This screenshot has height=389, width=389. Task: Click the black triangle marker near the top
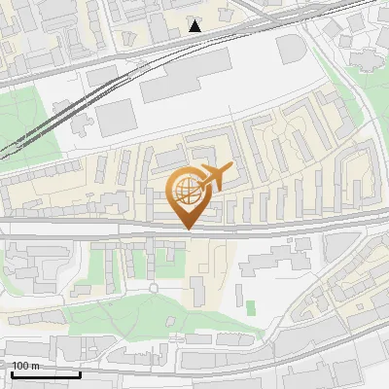(195, 25)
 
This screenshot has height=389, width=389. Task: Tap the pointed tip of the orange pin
(186, 229)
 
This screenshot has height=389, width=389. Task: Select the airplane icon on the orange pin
(214, 177)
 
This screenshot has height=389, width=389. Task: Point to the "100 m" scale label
(25, 366)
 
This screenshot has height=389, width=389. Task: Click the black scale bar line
(45, 374)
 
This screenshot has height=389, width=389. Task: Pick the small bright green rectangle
(251, 308)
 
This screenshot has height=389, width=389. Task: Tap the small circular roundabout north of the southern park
(154, 288)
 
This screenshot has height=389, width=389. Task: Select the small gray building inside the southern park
(198, 290)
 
